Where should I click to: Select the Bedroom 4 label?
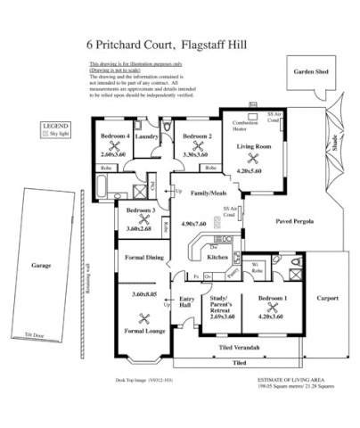click(115, 136)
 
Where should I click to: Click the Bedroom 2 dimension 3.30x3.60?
click(196, 153)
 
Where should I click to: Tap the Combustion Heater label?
click(246, 125)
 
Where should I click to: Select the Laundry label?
click(147, 136)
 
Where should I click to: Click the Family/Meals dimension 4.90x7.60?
click(194, 224)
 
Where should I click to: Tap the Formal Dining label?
click(143, 258)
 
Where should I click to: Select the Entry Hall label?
click(188, 302)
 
